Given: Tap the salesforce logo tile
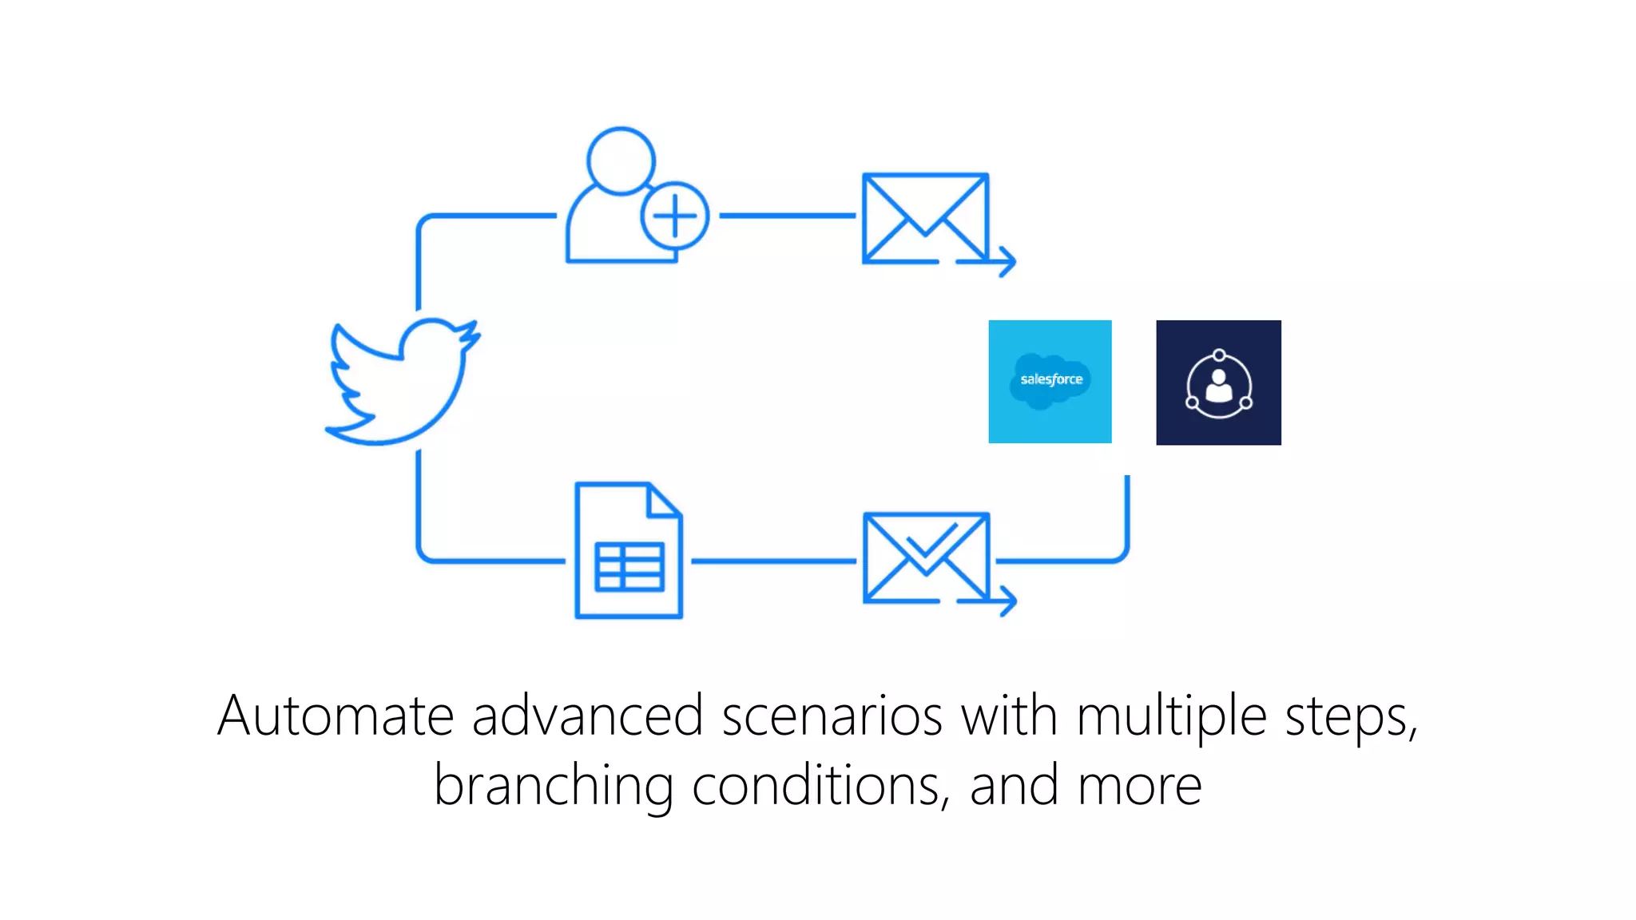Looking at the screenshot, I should (x=1050, y=382).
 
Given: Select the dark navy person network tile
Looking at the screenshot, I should (x=1218, y=383).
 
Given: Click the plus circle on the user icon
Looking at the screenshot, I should (x=675, y=216).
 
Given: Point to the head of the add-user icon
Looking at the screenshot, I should (x=621, y=161).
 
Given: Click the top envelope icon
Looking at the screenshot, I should (x=925, y=218).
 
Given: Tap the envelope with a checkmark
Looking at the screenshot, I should (x=926, y=557).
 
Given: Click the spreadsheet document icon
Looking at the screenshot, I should (x=629, y=550).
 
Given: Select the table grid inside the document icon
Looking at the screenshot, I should (x=629, y=566).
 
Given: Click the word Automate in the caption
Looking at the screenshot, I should (x=336, y=716).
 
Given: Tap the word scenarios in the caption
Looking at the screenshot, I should (x=832, y=716).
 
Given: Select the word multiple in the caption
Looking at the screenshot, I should (x=1171, y=716).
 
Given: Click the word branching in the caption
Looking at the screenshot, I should (x=553, y=786).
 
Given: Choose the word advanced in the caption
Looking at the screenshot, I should (x=587, y=716).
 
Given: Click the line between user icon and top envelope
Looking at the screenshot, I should (x=787, y=216).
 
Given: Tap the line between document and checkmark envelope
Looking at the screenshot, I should (x=772, y=561).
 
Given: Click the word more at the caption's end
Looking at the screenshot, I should (x=1139, y=786).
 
